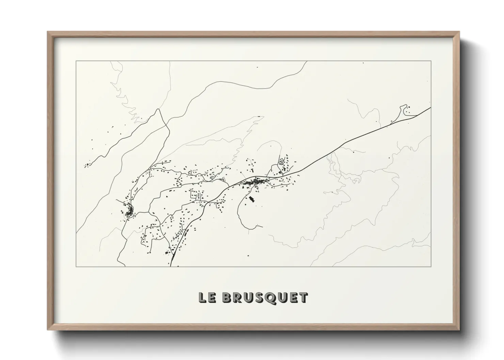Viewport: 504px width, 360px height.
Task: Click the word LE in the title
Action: tap(207, 298)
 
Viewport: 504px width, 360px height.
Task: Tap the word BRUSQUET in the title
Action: tap(265, 298)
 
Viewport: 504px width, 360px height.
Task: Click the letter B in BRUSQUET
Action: tap(227, 298)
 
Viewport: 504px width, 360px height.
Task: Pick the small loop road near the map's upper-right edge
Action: tap(405, 110)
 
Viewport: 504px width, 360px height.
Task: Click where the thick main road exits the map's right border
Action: tap(430, 108)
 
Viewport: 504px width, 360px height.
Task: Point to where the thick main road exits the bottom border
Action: tap(171, 266)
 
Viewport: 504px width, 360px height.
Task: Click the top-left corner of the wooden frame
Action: tap(48, 32)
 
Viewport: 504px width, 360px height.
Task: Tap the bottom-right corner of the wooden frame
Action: tap(459, 330)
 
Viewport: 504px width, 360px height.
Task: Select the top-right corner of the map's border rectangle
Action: tap(431, 61)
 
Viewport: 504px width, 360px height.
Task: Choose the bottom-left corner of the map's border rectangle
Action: tap(76, 266)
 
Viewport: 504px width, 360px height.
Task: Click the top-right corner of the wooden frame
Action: tap(459, 32)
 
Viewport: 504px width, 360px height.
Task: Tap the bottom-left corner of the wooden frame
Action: tap(48, 330)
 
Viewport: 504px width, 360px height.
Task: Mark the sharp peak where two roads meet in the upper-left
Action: tap(158, 110)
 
